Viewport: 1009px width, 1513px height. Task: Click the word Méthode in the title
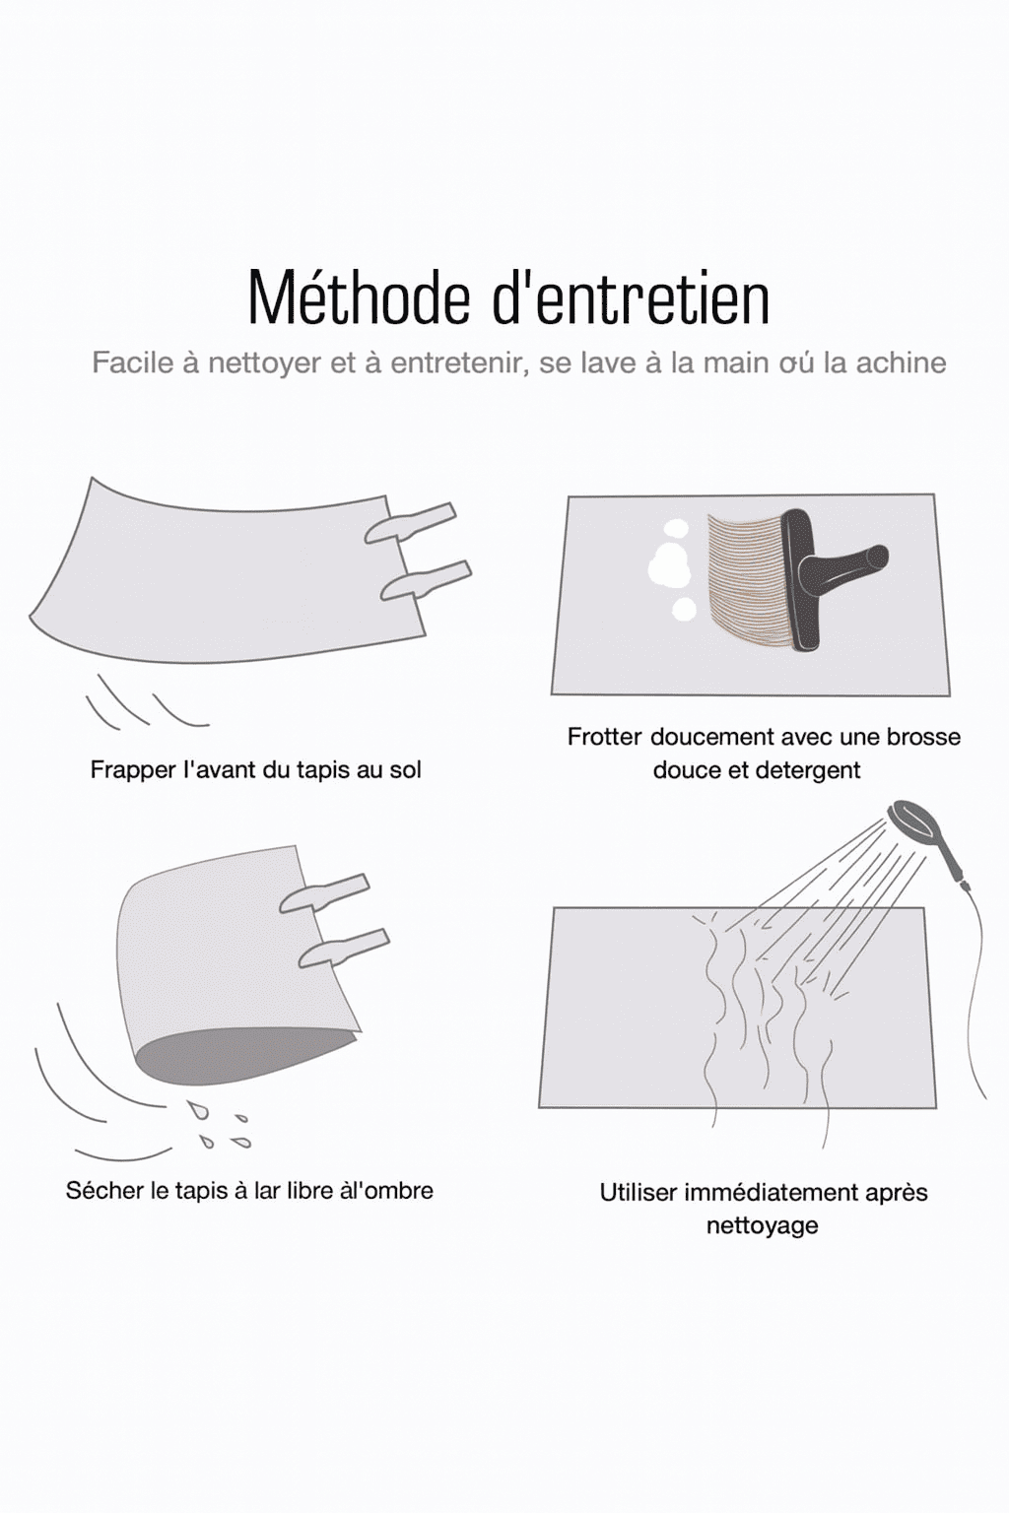click(x=359, y=298)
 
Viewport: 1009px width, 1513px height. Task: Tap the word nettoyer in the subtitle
click(x=264, y=363)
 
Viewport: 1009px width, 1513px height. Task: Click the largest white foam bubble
click(x=669, y=567)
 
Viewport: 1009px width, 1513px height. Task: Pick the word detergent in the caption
click(x=802, y=770)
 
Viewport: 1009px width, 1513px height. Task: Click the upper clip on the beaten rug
click(x=410, y=523)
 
